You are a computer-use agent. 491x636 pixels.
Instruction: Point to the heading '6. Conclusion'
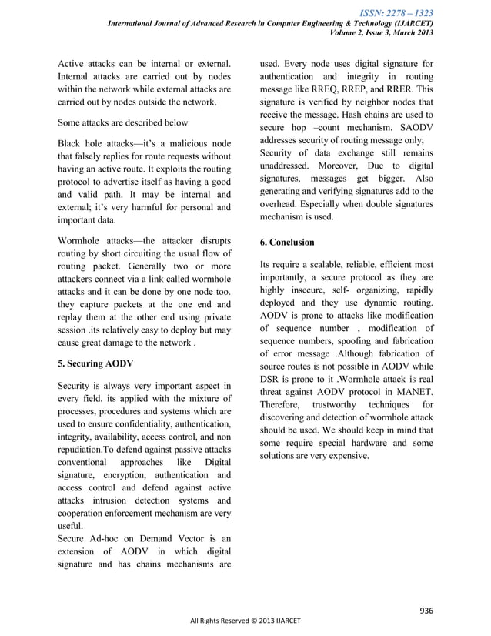click(287, 243)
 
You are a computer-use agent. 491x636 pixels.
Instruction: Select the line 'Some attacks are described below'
click(123, 122)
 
